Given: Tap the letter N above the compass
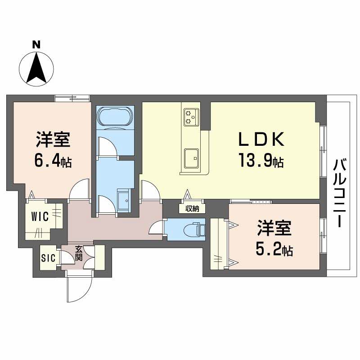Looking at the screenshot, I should click(x=36, y=45).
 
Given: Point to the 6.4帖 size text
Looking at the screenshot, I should click(x=53, y=160).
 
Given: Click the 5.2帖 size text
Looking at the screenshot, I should click(x=274, y=250).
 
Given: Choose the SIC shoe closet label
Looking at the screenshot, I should click(x=48, y=258).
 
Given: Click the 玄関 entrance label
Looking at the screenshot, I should click(x=79, y=253).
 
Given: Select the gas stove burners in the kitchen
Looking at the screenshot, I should click(x=190, y=117).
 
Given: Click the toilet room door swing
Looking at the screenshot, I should click(x=157, y=228).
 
